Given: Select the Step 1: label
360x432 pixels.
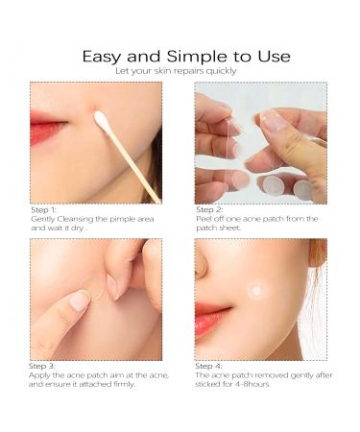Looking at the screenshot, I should tap(45, 209).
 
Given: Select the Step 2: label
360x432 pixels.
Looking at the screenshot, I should tap(210, 209).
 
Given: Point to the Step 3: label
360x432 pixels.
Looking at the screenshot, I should tap(45, 366).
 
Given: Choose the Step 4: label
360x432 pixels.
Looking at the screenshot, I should tap(210, 366).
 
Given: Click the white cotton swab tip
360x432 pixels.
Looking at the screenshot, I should tap(100, 119).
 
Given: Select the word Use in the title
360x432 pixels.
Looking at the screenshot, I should tap(271, 57).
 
